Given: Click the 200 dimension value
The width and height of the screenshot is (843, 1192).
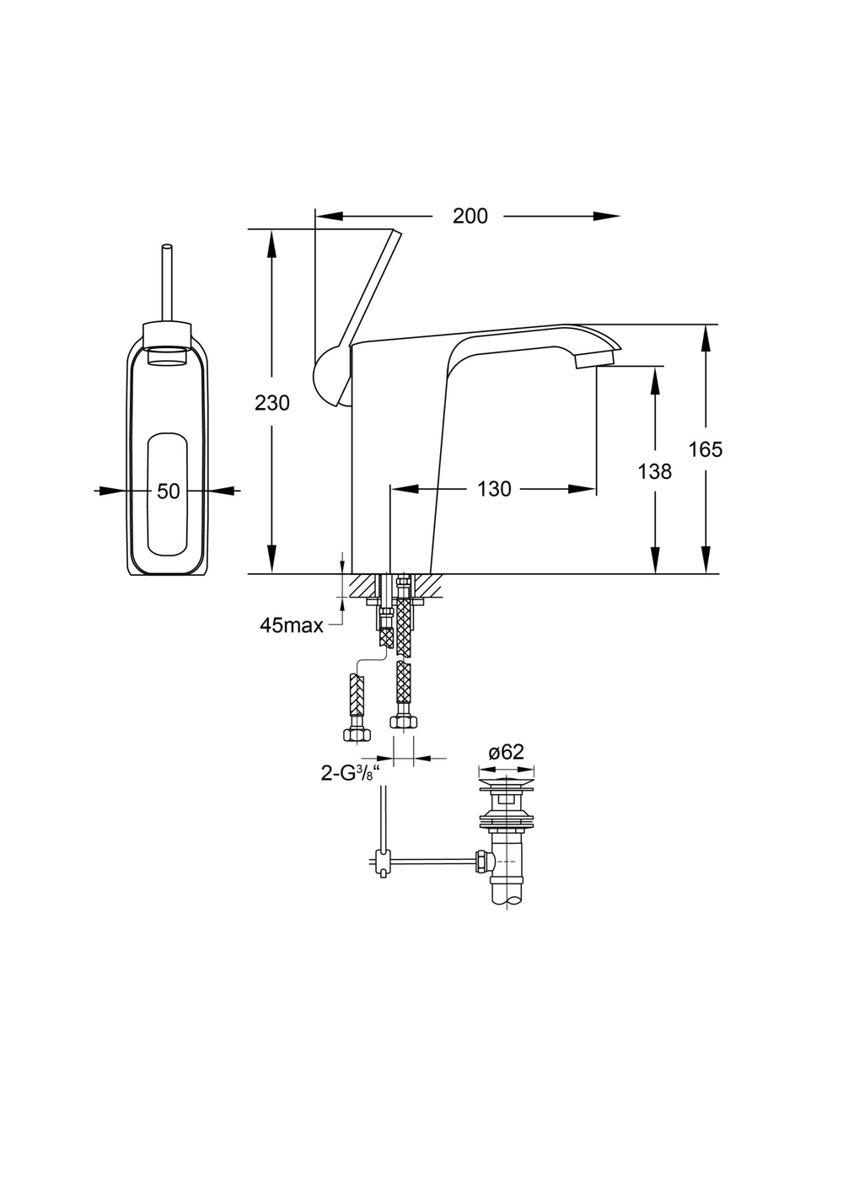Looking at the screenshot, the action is (470, 216).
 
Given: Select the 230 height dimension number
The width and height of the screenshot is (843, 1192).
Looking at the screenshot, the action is (272, 403).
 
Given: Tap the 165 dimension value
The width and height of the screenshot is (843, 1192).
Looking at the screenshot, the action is (706, 449).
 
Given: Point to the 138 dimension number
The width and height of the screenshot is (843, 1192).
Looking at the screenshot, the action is (655, 471).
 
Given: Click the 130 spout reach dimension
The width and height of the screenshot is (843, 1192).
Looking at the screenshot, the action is (494, 489).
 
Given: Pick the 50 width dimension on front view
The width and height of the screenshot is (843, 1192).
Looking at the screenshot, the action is (168, 491).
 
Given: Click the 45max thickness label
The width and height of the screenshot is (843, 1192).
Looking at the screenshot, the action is (292, 626).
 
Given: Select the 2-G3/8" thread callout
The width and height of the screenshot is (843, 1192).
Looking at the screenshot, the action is (352, 773).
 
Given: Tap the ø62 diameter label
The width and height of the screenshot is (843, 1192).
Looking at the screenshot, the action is (506, 752).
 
